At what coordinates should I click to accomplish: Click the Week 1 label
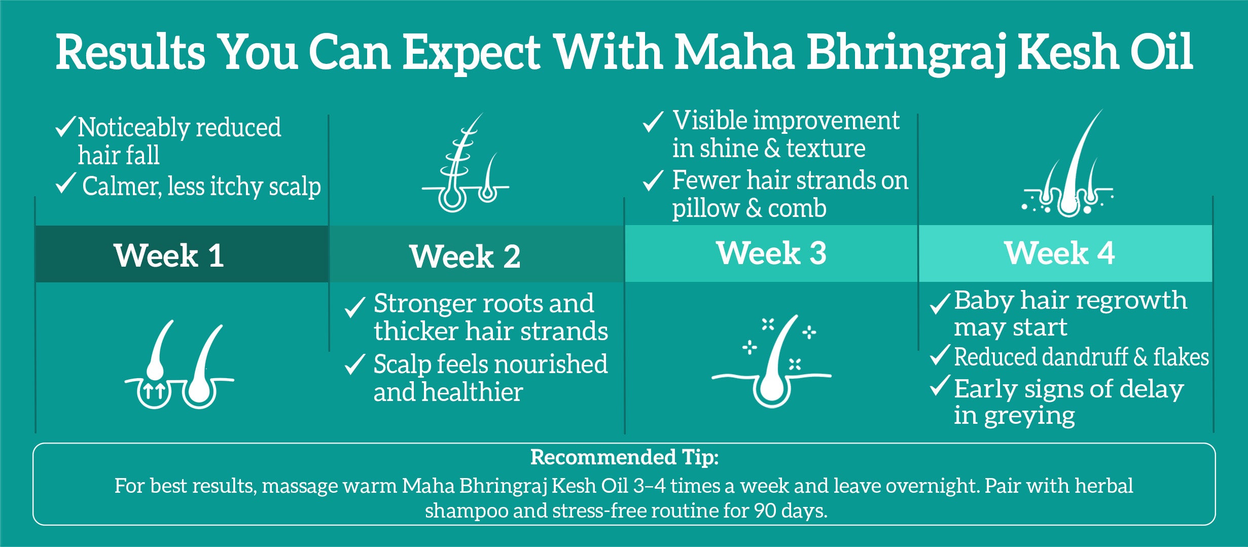[169, 255]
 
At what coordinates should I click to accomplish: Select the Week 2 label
[465, 256]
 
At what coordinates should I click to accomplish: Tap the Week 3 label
[771, 253]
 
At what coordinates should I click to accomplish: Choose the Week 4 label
[1059, 253]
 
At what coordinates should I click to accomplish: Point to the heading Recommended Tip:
[624, 457]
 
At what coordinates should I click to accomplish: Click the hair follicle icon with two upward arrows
[180, 364]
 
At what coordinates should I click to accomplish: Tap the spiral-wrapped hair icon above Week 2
[466, 162]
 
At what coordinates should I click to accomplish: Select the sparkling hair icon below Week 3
[771, 360]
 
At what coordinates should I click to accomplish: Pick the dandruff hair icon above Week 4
[1067, 163]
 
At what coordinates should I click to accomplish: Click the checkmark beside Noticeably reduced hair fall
[65, 126]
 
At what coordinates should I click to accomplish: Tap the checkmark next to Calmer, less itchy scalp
[65, 184]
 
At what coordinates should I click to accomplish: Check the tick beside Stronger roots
[355, 307]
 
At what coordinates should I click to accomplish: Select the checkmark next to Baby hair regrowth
[940, 303]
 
